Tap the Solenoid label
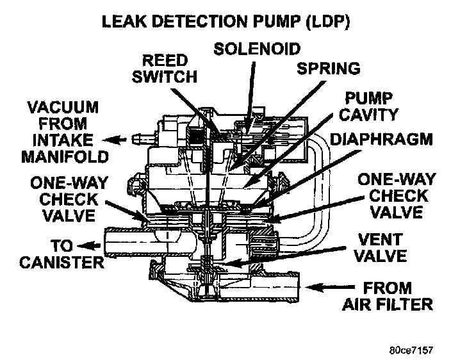tap(257, 47)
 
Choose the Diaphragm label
tap(382, 139)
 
